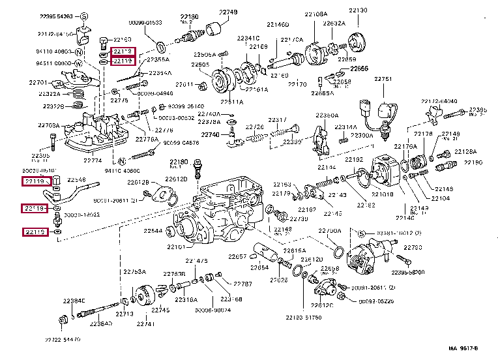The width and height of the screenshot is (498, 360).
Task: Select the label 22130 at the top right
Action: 357,11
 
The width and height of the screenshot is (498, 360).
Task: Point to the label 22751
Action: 383,79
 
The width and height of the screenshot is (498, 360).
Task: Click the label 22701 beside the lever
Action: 38,83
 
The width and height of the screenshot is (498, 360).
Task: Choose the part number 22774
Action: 93,160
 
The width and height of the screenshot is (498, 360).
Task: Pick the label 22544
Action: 153,231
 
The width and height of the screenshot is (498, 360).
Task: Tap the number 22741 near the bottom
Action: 146,323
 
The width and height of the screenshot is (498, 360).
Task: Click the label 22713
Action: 124,314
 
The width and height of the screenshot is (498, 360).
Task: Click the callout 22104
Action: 441,198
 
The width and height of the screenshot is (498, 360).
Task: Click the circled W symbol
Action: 78,63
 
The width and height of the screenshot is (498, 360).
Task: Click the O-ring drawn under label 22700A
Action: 337,250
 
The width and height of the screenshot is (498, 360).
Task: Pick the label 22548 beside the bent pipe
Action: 77,179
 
